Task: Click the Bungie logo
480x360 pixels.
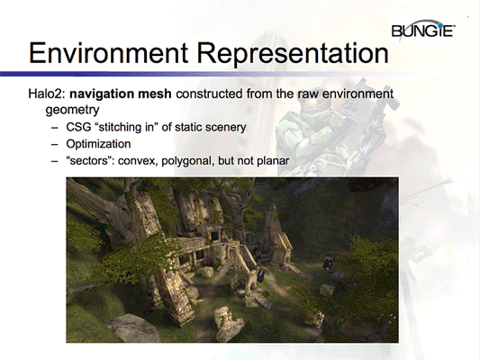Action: point(422,32)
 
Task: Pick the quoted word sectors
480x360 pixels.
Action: point(89,160)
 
